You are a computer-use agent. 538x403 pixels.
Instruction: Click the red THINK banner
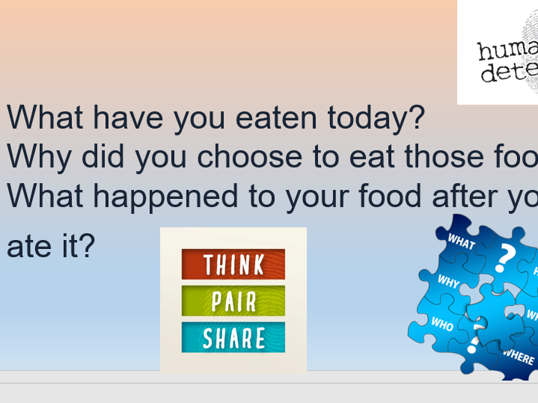pos(233,264)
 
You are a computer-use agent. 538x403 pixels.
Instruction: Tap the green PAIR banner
pos(233,301)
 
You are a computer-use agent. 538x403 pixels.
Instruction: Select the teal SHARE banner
pos(233,338)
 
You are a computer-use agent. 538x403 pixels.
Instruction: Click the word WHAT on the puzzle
pos(461,242)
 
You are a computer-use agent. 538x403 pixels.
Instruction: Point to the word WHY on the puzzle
pos(448,283)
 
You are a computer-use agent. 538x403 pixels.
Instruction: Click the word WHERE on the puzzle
pos(519,357)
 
